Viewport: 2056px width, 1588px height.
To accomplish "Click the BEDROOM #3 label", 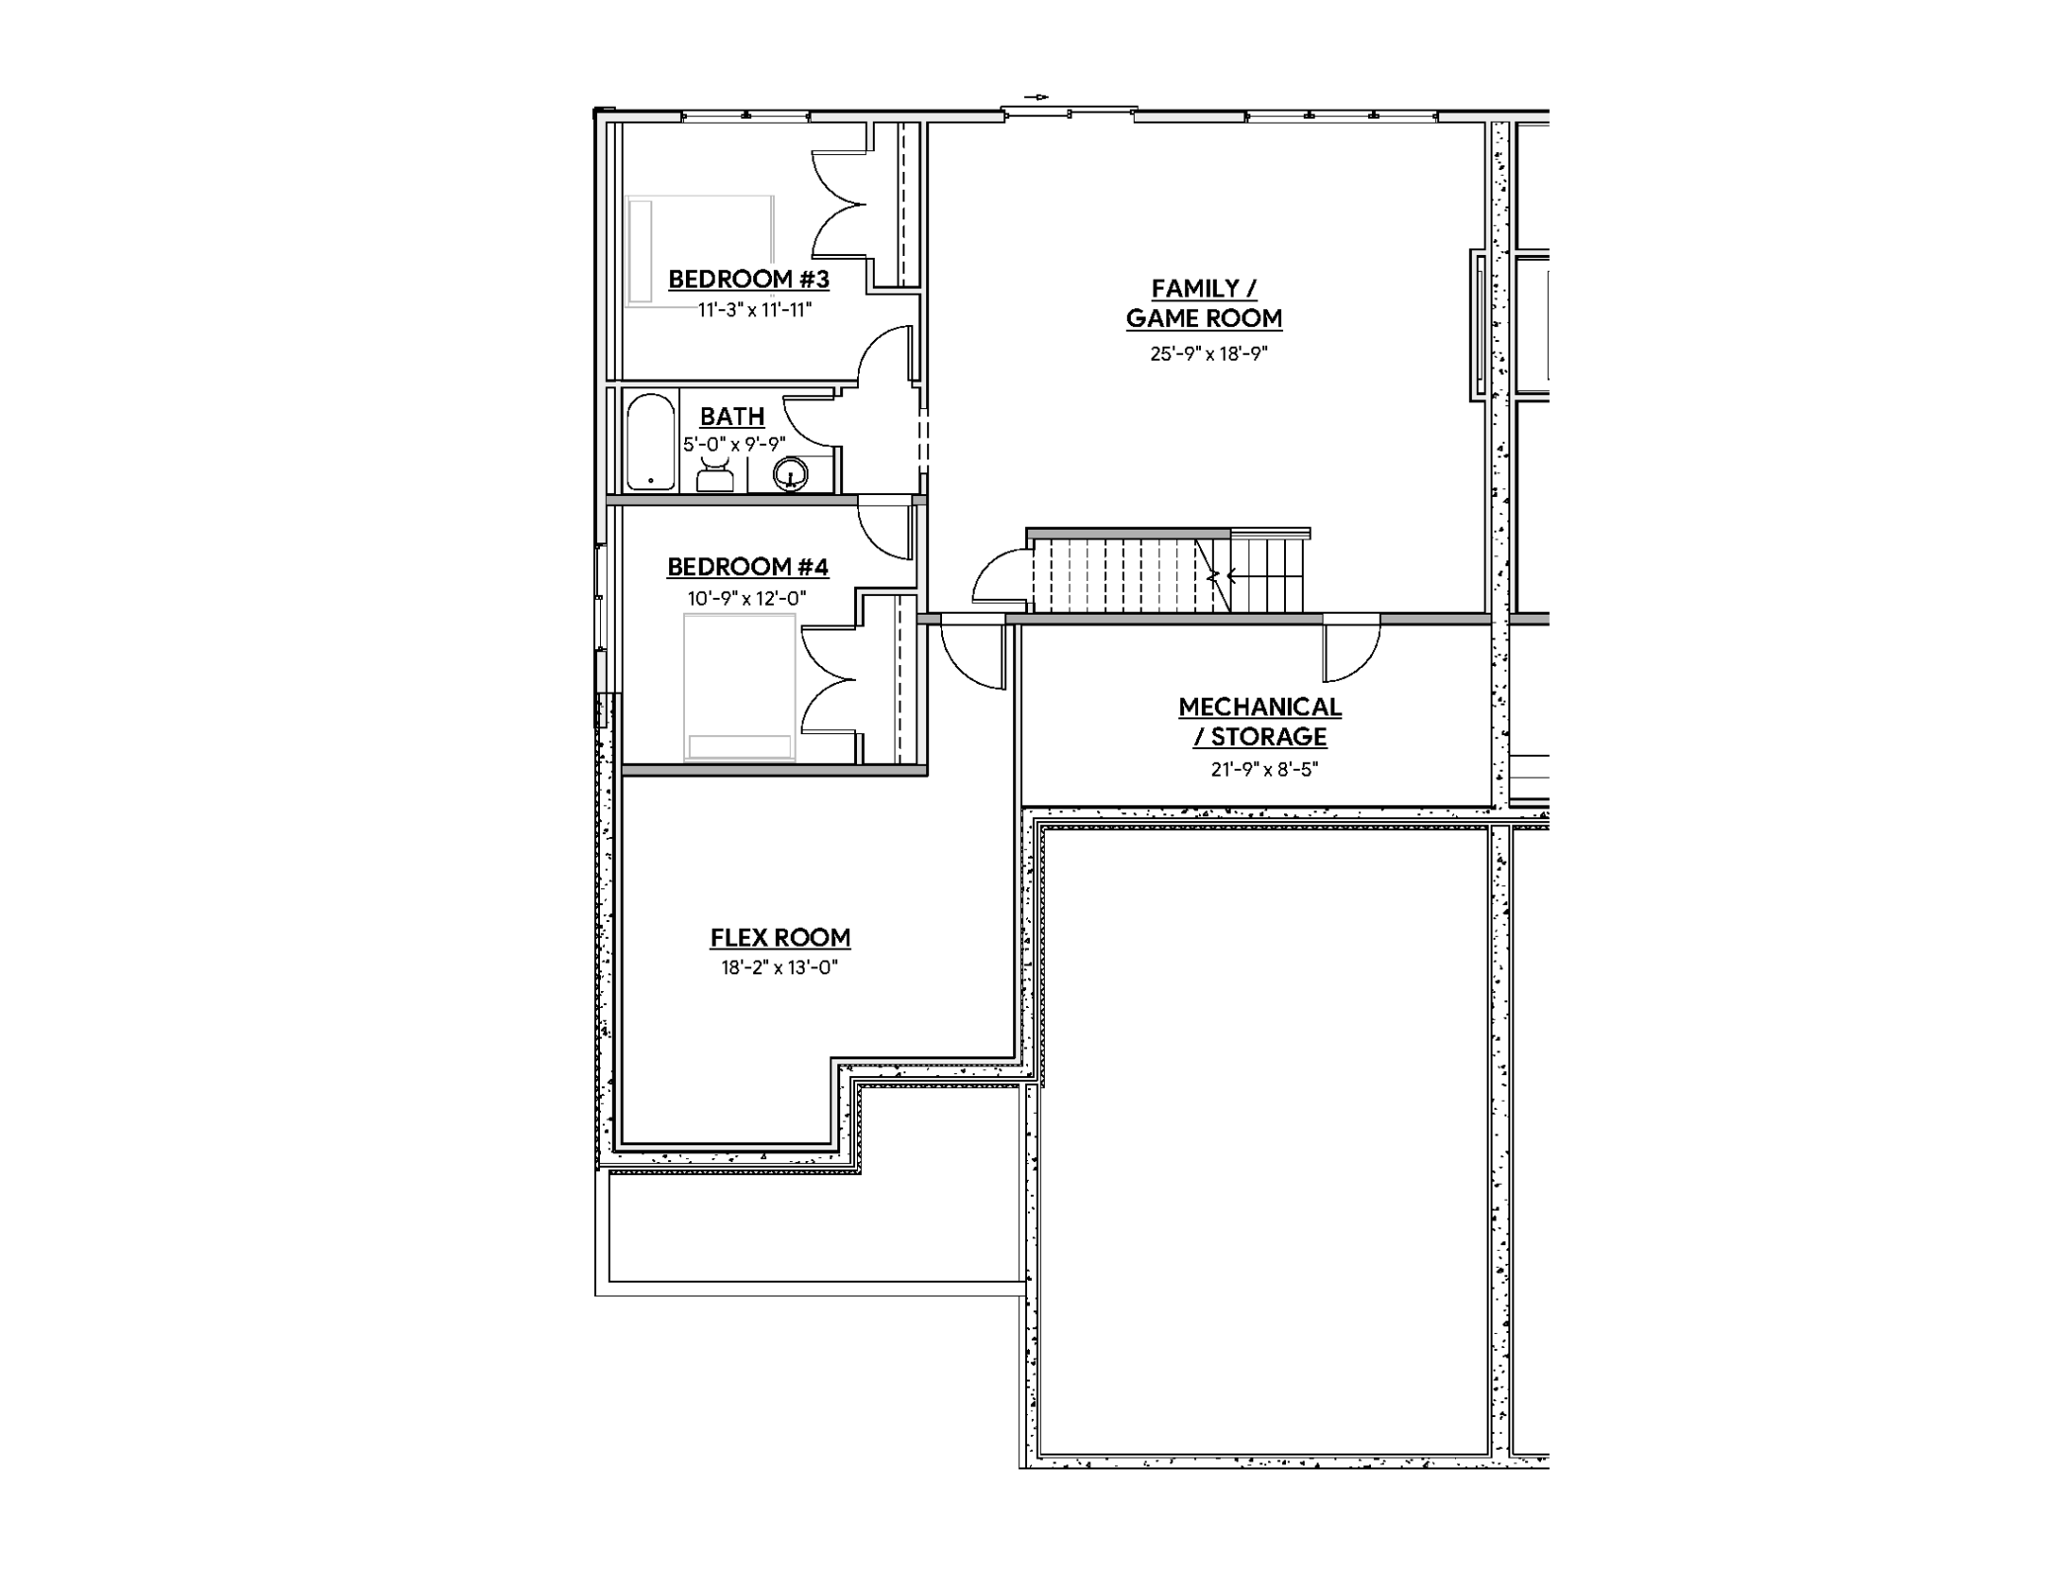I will click(748, 280).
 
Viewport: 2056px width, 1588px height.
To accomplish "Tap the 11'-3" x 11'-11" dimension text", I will click(754, 310).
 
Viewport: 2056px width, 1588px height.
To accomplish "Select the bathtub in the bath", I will click(650, 442).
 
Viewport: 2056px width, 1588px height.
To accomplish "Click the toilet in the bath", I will click(715, 475).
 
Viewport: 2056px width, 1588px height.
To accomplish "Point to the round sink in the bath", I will click(791, 474).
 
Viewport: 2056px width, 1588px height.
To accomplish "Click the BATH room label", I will click(731, 416).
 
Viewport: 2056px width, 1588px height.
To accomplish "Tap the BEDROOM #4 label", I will click(747, 567).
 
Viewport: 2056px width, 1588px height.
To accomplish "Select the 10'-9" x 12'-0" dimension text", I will click(746, 599).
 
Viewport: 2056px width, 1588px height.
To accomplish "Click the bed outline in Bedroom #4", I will click(739, 687).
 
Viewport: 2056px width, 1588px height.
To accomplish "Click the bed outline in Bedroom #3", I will click(700, 250).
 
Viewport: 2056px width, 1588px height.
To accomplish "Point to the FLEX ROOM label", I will click(780, 938).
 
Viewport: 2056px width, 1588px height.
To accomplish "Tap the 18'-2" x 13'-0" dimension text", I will click(779, 968).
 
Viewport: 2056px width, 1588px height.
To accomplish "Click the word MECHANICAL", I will click(1259, 708).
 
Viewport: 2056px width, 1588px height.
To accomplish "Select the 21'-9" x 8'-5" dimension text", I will click(1264, 770).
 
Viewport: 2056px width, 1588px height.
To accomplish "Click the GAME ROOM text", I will click(1203, 319).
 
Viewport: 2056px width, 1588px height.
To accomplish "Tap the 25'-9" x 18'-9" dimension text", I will click(1208, 354).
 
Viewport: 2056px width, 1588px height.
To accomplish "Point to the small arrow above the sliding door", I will click(1036, 97).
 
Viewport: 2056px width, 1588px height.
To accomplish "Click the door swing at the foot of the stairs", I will click(1000, 578).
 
